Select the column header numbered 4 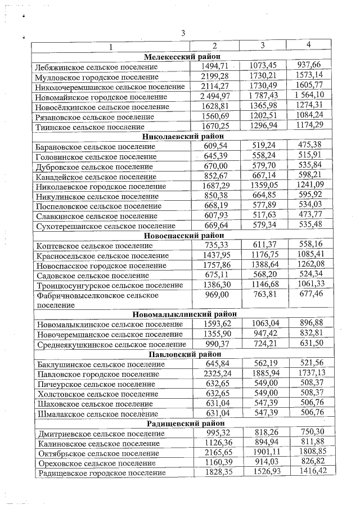[x=308, y=44]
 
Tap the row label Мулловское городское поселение [x=96, y=76]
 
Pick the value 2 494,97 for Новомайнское [x=214, y=96]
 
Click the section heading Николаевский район [x=183, y=136]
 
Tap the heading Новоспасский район [x=183, y=236]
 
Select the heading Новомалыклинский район [x=184, y=314]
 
